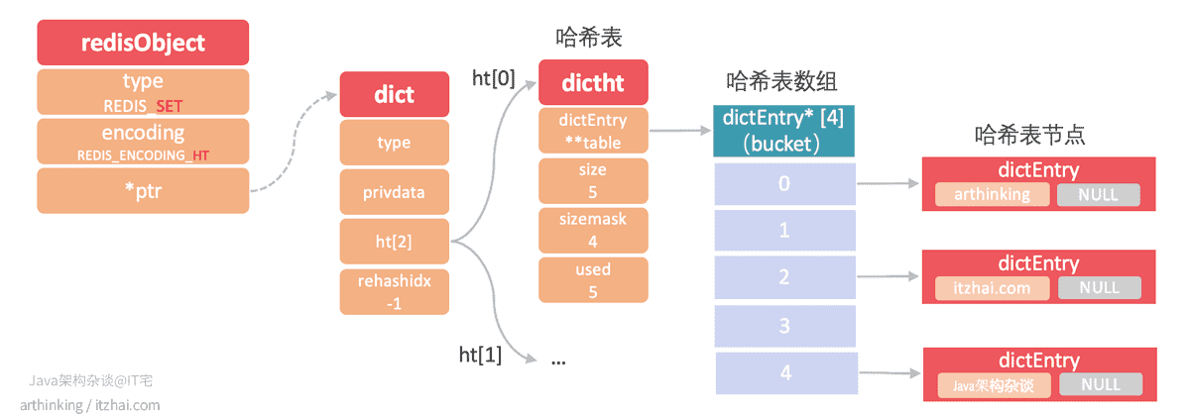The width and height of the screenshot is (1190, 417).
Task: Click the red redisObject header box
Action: (x=143, y=43)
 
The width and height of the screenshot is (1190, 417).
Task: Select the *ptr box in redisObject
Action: (x=143, y=191)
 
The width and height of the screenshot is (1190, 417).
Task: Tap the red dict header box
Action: (x=395, y=94)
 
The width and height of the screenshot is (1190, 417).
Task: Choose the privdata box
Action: (x=395, y=192)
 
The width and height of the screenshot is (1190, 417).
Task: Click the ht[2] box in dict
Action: (x=395, y=242)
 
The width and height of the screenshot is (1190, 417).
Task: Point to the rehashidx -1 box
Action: (x=395, y=292)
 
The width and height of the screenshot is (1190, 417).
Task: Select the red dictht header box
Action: (x=593, y=82)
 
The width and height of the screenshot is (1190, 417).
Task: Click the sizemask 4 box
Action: (x=593, y=230)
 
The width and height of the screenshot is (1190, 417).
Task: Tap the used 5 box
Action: (x=593, y=280)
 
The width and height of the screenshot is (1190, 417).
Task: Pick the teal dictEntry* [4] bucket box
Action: (x=783, y=131)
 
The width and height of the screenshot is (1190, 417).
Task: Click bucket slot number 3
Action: (x=785, y=326)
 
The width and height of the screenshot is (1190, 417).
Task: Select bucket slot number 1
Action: (x=785, y=230)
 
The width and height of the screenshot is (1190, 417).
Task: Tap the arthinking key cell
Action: (x=993, y=195)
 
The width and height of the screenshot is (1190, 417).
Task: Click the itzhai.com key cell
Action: (x=993, y=288)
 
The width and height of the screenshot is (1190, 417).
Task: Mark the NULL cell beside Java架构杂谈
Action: (x=1101, y=384)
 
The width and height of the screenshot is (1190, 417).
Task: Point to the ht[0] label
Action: (x=494, y=78)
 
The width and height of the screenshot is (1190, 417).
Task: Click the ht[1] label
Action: (x=480, y=355)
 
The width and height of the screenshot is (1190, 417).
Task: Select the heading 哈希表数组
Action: (x=781, y=81)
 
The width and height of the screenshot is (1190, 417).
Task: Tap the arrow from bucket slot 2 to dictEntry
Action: (x=888, y=276)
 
